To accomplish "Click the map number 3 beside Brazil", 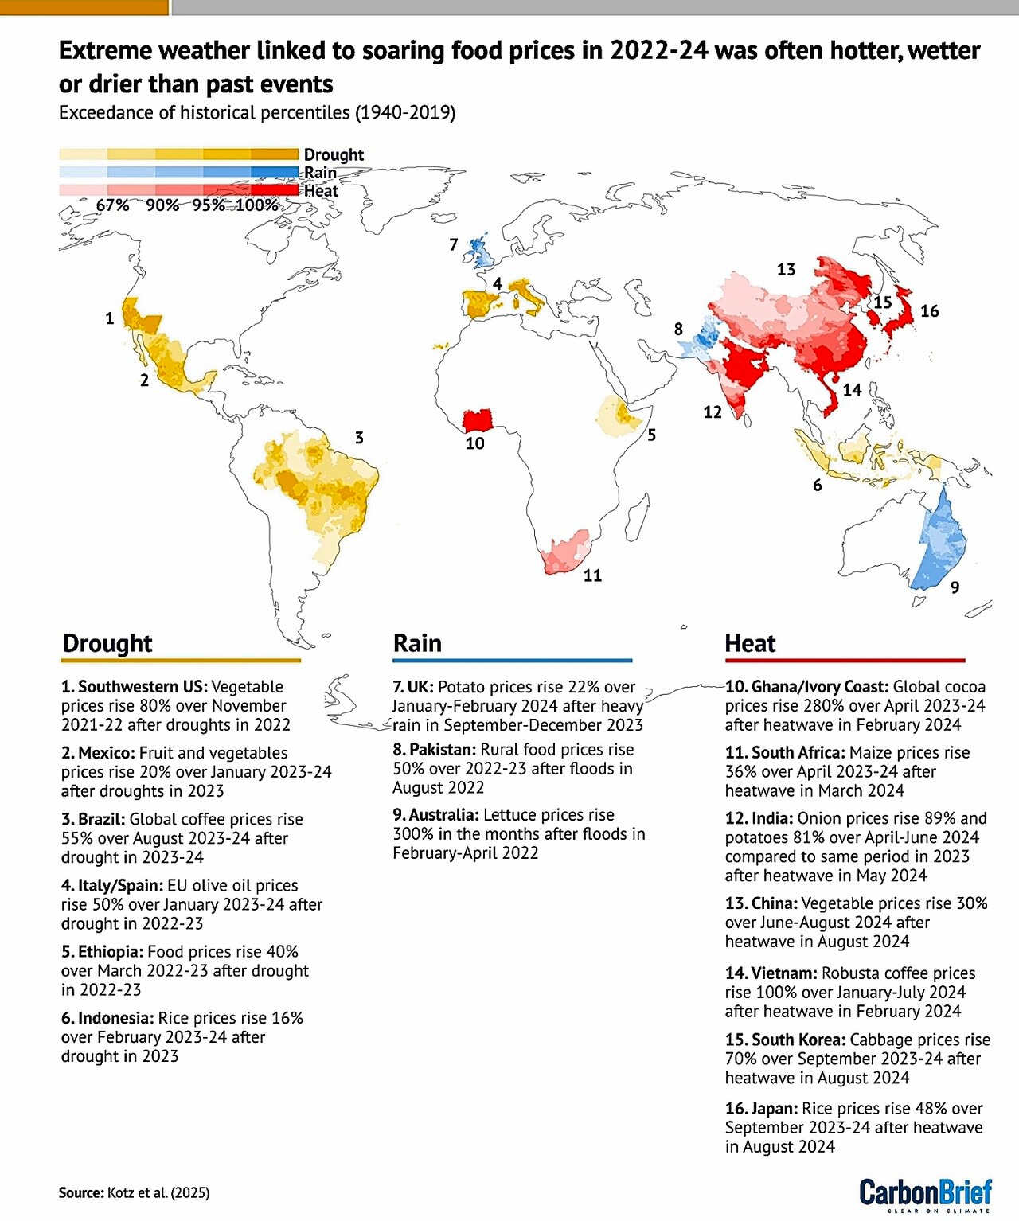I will coord(359,437).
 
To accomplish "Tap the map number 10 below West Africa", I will coord(474,443).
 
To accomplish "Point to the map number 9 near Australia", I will coord(955,587).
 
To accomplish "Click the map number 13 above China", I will coord(786,269).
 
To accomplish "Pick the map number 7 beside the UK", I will coord(454,244).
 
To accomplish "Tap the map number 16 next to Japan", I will coord(929,310).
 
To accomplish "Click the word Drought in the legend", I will coord(334,154).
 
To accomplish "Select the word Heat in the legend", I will coord(321,191).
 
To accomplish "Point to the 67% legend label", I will coord(112,205).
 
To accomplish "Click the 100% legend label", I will coord(256,205).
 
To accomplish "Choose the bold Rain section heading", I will coord(417,643).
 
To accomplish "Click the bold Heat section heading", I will coord(750,643).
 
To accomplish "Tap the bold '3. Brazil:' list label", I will coord(93,819).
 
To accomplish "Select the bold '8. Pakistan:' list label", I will coord(434,749).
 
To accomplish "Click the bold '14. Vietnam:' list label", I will coord(771,973).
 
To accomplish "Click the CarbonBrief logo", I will coord(925,1194).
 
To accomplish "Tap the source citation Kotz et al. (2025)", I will coord(158,1192).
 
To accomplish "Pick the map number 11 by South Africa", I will coord(592,575).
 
